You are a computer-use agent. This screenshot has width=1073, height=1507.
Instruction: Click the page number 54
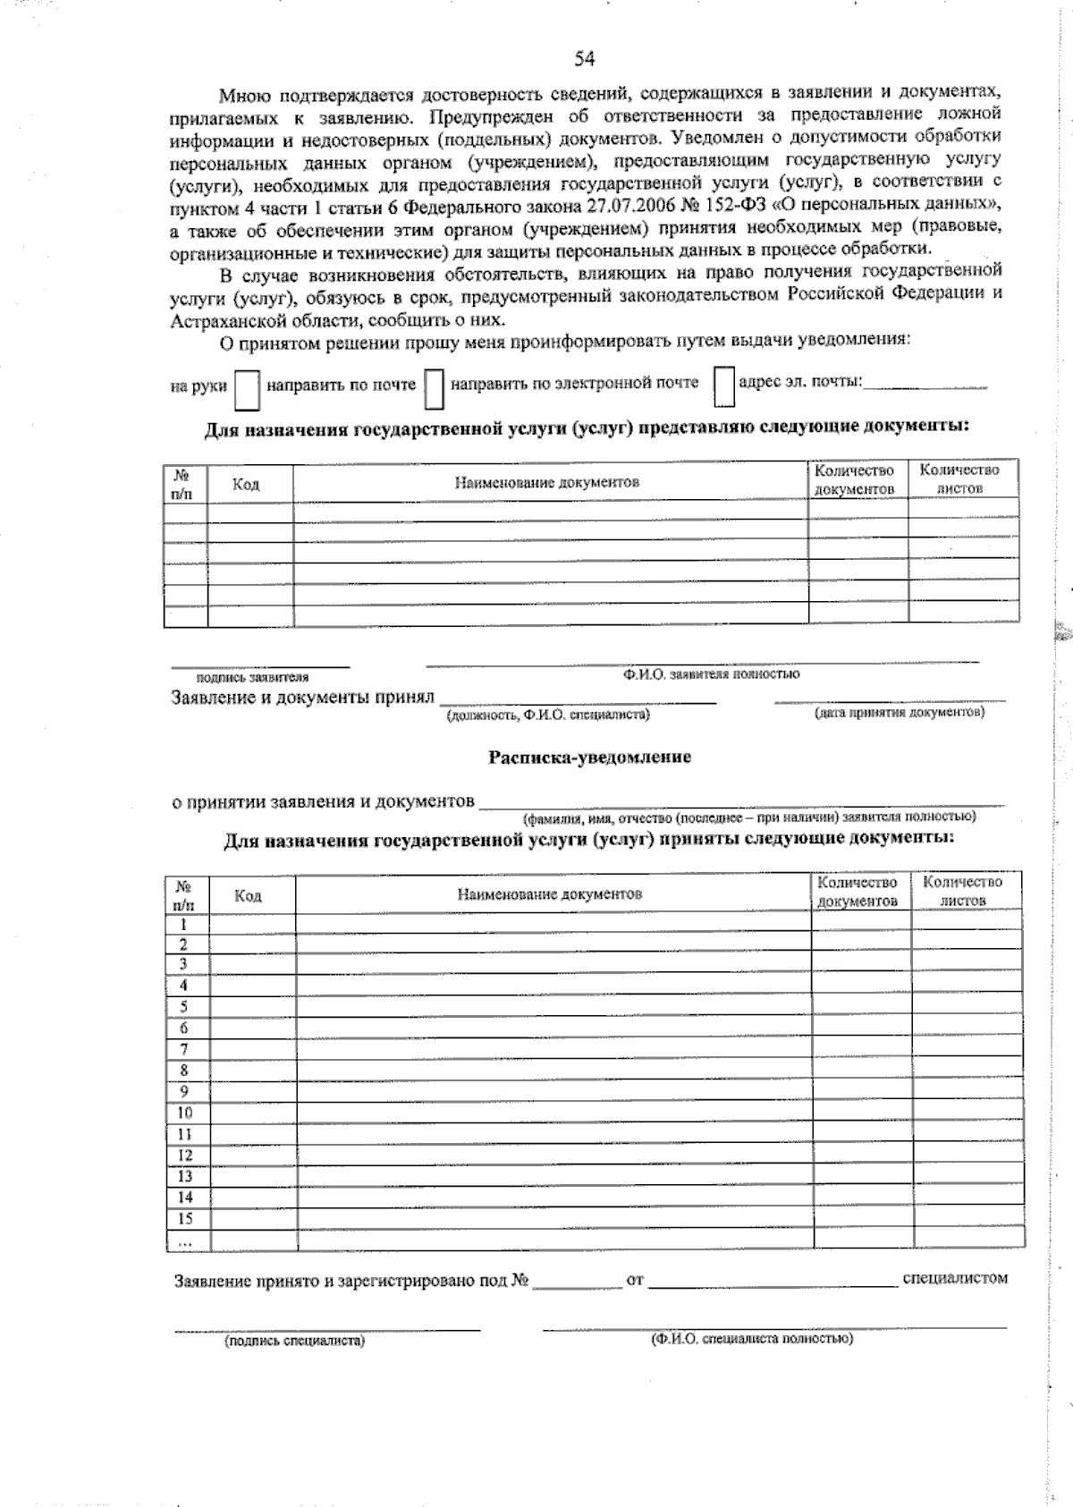tap(584, 59)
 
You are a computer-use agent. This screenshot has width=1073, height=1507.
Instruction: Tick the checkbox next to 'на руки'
tap(247, 389)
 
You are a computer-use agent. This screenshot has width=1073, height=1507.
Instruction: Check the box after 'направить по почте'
tap(434, 388)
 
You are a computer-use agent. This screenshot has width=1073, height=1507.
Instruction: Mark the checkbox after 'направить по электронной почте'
tap(723, 385)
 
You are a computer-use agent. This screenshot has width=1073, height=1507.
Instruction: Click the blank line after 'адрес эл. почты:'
tap(925, 385)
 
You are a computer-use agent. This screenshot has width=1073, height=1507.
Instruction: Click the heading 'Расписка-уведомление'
tap(589, 758)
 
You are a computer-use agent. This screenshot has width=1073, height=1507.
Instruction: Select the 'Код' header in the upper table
tap(246, 485)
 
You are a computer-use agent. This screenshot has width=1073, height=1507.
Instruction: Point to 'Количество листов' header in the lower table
tap(962, 891)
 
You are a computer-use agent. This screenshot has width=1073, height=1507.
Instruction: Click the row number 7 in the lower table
tap(184, 1049)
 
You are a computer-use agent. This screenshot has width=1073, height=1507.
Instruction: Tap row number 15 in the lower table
tap(185, 1218)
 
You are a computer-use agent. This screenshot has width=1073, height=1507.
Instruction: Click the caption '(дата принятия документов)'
tap(899, 713)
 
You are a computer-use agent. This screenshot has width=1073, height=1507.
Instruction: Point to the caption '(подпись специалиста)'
tap(295, 1341)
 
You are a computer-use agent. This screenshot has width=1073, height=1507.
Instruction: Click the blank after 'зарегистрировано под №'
tap(577, 1282)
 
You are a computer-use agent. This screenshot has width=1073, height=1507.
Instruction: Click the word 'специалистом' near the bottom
tap(955, 1278)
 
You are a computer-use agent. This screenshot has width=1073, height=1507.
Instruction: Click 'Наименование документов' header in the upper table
tap(547, 483)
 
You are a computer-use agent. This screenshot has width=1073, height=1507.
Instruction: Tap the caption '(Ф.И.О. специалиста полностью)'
tap(752, 1339)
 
